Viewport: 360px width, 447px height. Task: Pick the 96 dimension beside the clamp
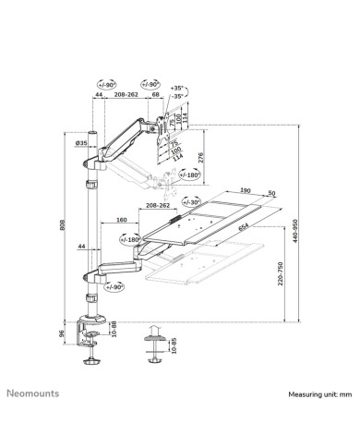click(x=63, y=335)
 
